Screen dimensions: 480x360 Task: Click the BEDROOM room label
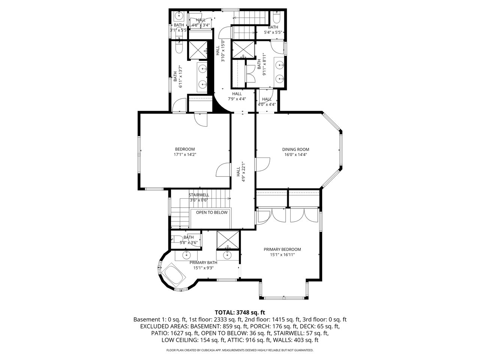(185, 149)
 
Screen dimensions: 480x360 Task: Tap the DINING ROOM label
(295, 150)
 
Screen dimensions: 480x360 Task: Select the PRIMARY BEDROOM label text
(282, 249)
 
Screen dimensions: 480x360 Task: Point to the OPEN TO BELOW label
(211, 213)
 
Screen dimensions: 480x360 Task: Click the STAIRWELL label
(199, 195)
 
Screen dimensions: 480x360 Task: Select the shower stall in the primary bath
(228, 240)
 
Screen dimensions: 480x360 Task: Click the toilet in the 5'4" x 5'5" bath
(276, 18)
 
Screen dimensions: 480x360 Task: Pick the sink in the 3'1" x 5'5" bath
(179, 15)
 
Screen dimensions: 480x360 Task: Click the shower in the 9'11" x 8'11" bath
(243, 50)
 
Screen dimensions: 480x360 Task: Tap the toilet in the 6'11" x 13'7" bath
(179, 47)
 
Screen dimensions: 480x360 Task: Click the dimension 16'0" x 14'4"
(295, 155)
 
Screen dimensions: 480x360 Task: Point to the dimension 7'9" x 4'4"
(237, 99)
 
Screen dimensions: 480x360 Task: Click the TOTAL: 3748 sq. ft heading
(240, 312)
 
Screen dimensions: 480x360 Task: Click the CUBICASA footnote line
(240, 350)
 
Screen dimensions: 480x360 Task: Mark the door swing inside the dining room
(263, 165)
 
